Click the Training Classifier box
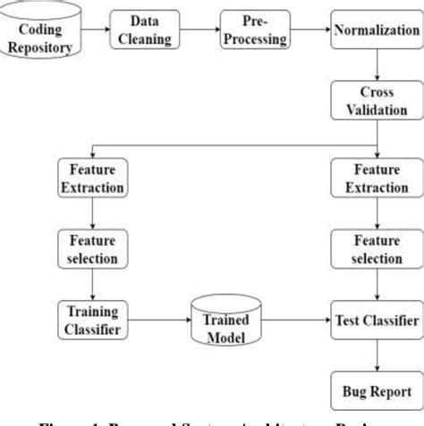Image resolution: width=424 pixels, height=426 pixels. pyautogui.click(x=91, y=318)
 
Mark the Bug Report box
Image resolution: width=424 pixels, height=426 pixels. pyautogui.click(x=377, y=391)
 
